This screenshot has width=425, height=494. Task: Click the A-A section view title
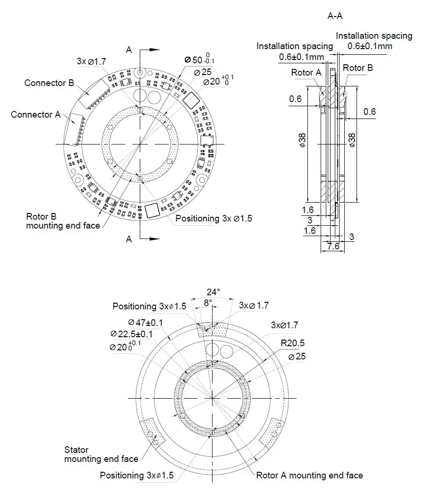335,16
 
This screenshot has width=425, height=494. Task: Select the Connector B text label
49,83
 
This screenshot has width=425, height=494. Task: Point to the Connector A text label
35,115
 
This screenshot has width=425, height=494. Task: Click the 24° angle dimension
213,291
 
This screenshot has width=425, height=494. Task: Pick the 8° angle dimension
208,302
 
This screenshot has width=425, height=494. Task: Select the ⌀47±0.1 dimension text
146,323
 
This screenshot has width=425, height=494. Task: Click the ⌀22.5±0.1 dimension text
132,334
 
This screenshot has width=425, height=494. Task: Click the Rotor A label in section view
306,72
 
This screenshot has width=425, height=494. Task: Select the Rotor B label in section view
357,68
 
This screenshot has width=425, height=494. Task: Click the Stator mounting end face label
101,454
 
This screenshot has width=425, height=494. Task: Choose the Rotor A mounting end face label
309,476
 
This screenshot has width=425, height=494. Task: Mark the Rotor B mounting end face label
63,221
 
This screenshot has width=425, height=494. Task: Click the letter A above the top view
129,50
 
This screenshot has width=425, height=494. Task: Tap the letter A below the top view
129,239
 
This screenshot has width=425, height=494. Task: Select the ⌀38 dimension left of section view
302,141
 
